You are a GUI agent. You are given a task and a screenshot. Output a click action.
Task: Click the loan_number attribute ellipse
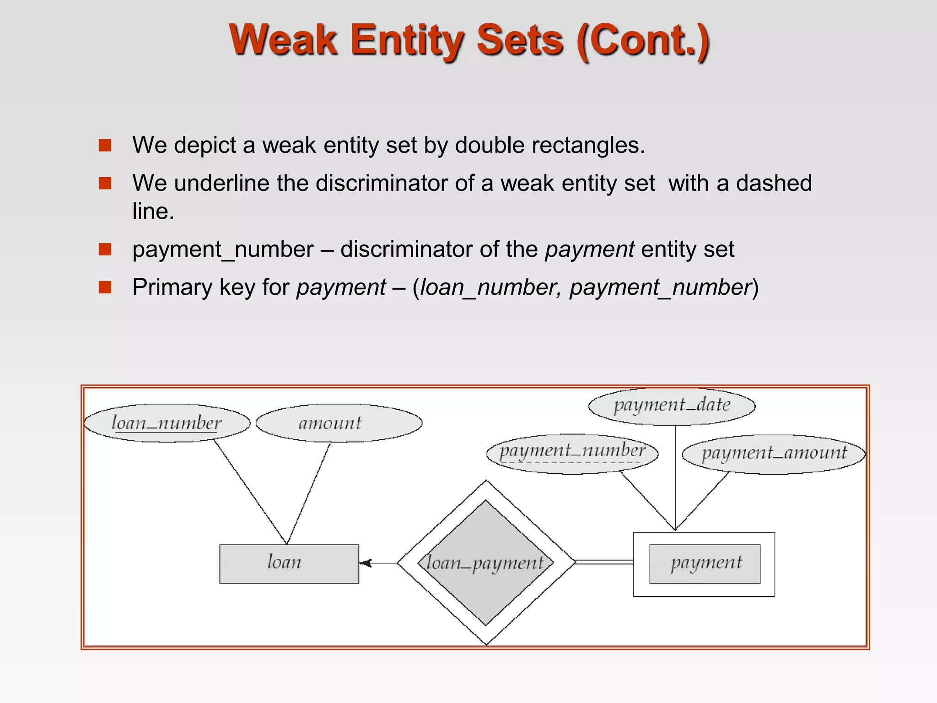(167, 423)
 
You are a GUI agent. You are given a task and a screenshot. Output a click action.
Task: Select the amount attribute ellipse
(339, 423)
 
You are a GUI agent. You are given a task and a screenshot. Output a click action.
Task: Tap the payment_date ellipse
(672, 406)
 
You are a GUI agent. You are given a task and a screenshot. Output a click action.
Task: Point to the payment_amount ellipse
(774, 454)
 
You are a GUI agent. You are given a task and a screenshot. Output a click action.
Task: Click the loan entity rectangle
(289, 563)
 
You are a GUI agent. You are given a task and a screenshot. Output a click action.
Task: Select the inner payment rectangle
(705, 563)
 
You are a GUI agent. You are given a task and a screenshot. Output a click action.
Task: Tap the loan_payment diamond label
(485, 563)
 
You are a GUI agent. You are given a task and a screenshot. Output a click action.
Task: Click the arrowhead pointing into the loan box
(365, 563)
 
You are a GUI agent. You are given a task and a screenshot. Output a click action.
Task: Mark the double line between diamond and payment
(604, 562)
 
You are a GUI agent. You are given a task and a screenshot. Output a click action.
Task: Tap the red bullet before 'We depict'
(105, 146)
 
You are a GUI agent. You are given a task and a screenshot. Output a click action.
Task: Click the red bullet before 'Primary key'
(105, 287)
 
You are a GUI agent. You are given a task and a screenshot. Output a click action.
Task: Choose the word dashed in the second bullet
(774, 183)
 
